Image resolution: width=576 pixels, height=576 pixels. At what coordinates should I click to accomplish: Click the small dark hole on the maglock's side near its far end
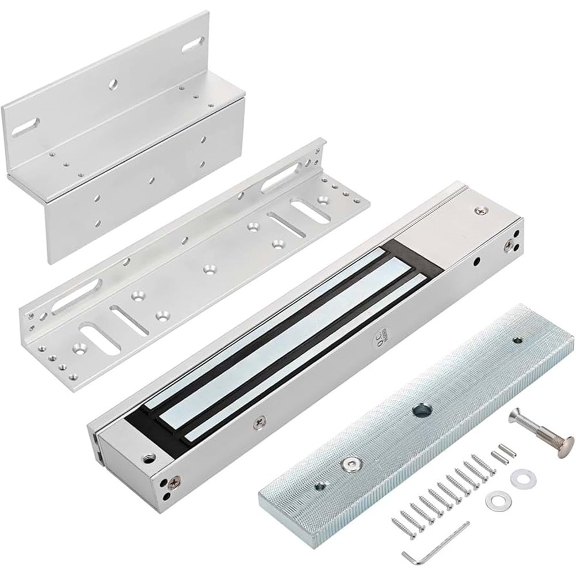click(476, 262)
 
